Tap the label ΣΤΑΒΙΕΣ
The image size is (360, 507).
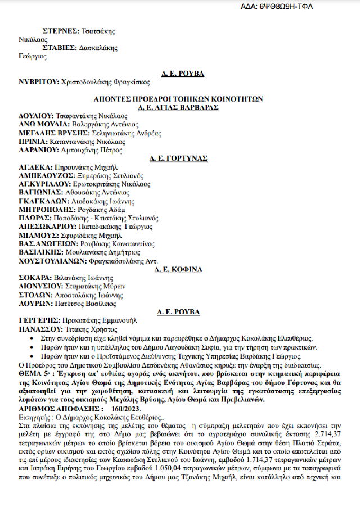[x=64, y=48]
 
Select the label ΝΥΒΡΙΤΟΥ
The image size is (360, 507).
[x=38, y=82]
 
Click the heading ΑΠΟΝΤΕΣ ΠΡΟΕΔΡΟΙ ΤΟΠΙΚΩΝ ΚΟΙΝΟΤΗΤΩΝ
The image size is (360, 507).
[x=178, y=98]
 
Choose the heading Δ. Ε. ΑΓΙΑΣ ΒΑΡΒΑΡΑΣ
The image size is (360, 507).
[x=178, y=107]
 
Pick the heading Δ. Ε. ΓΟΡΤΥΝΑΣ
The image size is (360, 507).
[x=178, y=159]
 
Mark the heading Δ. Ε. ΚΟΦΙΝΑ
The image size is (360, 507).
[x=179, y=269]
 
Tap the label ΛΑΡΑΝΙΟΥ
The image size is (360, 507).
[x=38, y=150]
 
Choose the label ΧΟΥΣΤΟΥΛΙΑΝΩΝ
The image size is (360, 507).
[x=52, y=261]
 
